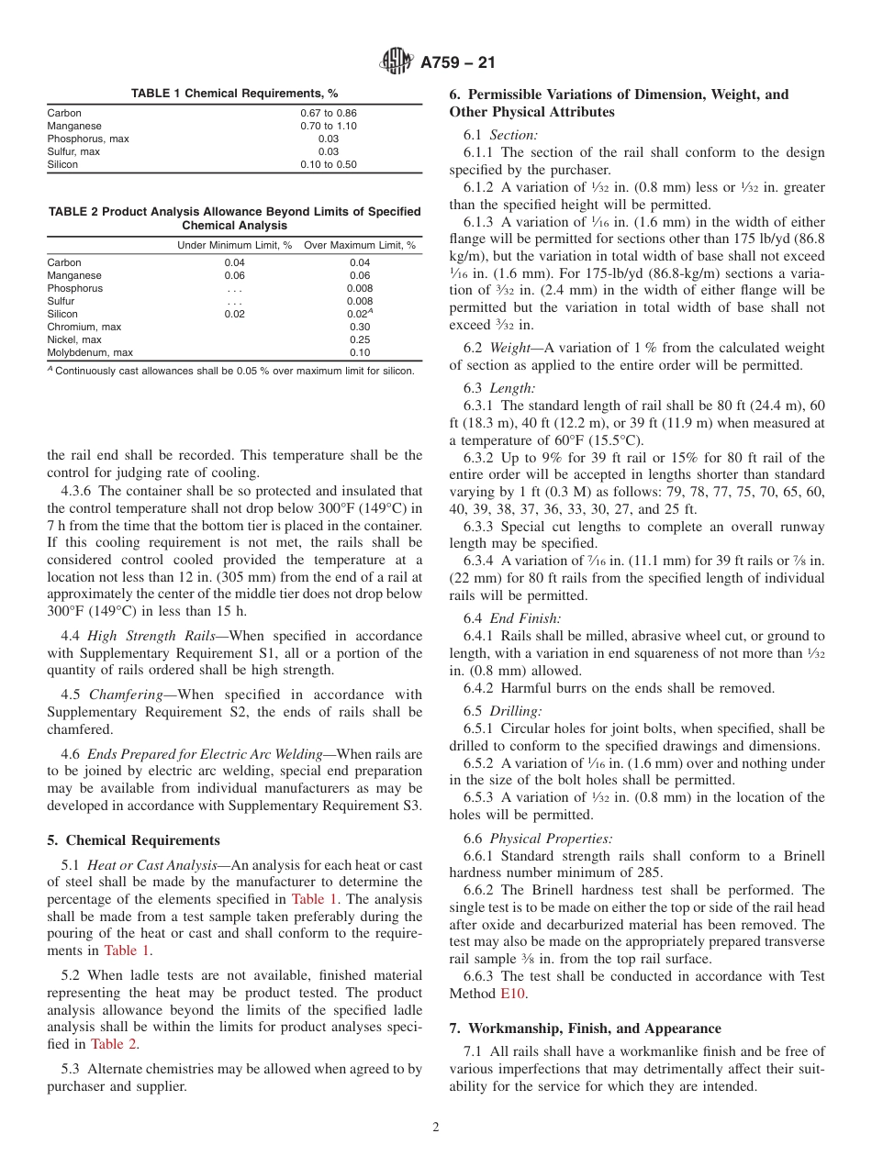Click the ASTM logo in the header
coord(397,62)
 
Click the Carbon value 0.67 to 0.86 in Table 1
coord(329,113)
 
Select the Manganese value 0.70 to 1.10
coord(329,126)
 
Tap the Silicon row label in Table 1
coord(62,164)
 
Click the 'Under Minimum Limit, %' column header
coord(234,245)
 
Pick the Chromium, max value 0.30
coord(360,327)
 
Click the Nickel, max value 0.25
coord(360,339)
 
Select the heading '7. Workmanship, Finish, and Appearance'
coord(585,1028)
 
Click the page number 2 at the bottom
coord(436,1127)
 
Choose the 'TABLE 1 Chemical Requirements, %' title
coord(234,94)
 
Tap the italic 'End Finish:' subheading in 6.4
coord(525,618)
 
